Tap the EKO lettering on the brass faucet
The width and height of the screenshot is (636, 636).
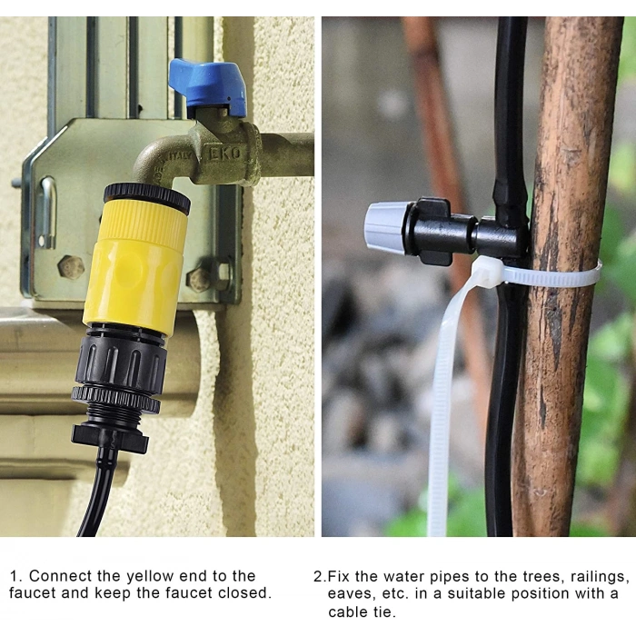coord(225,154)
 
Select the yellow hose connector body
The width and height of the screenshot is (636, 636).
coord(136,262)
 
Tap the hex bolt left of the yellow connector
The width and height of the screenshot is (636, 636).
coord(71,267)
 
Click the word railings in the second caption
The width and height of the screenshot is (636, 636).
coord(597,577)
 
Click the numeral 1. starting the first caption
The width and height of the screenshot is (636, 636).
coord(16,576)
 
